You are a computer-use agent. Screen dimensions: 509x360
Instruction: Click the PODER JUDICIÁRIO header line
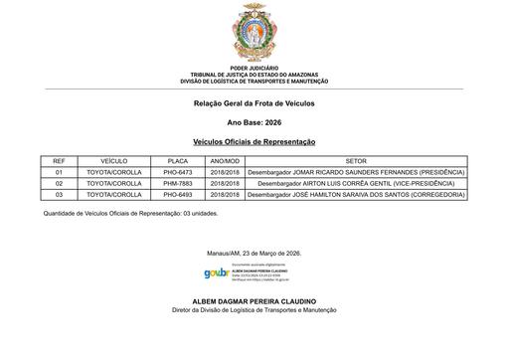coord(254,69)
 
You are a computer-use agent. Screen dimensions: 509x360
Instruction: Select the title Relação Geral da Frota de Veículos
coord(254,103)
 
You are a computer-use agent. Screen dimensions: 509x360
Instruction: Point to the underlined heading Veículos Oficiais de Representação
coord(254,142)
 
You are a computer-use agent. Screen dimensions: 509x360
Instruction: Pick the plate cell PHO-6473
coord(178,172)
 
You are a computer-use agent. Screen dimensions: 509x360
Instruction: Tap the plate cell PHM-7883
coord(178,184)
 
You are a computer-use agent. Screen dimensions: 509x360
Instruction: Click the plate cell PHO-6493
coord(178,195)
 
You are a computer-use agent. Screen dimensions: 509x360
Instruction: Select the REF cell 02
coord(59,184)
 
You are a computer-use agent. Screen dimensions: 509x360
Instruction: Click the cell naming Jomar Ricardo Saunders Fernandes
coord(356,172)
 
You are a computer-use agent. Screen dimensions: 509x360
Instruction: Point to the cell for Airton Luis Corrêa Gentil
coord(356,184)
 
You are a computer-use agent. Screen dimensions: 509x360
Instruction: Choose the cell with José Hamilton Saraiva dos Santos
coord(356,195)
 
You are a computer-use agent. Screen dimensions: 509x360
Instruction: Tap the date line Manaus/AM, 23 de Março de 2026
coord(254,253)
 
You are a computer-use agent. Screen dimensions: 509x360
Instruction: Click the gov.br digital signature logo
coord(216,272)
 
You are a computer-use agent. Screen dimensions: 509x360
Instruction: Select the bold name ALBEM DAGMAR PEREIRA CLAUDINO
coord(254,300)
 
